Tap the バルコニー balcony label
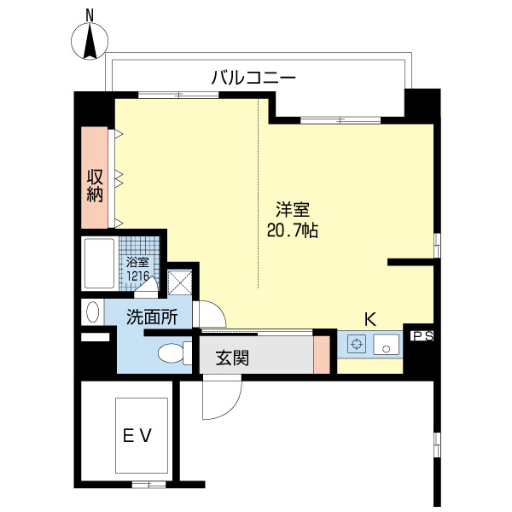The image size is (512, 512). [253, 78]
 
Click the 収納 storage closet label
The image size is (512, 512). [95, 185]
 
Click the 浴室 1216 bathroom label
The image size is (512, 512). [138, 270]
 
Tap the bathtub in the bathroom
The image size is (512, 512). [101, 265]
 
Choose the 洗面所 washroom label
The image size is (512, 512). [152, 316]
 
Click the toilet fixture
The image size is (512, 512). [174, 352]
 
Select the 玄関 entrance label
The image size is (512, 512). [231, 358]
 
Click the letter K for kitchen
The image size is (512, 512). [369, 319]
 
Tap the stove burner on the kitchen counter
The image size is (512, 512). [358, 346]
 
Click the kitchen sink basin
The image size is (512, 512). [387, 346]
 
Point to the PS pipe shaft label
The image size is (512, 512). [422, 336]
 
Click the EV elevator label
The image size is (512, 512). [136, 436]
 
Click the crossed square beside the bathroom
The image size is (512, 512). [181, 282]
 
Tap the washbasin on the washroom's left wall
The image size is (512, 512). [91, 311]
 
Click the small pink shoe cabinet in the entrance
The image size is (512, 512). [321, 355]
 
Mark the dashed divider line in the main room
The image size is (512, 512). [259, 196]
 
